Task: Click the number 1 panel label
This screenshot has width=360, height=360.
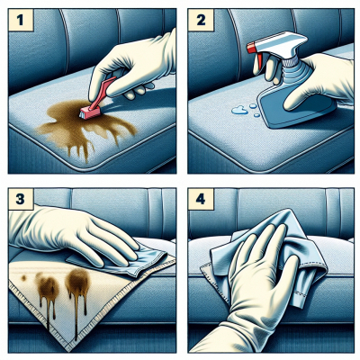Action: coord(21,20)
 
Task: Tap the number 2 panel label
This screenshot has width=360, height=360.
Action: coord(201,20)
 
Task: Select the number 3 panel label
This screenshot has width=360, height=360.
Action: coord(21,199)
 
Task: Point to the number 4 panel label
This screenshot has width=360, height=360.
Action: coord(201,199)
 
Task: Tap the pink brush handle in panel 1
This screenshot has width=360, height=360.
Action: coord(103,90)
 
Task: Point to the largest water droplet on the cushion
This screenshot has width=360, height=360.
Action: coord(239,111)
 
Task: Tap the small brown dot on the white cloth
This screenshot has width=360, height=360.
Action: coord(23,278)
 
